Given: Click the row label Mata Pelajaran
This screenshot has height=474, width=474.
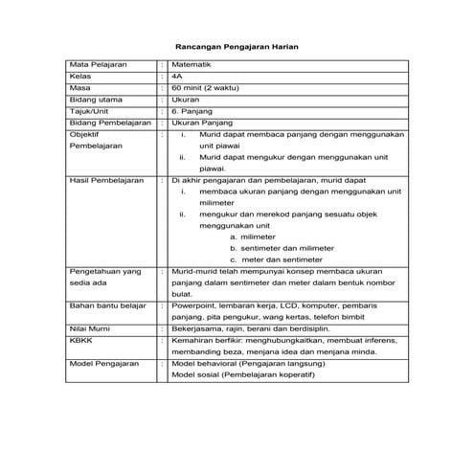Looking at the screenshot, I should pos(96,63).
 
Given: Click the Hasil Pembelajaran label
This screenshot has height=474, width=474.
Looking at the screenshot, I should pos(106,179).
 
